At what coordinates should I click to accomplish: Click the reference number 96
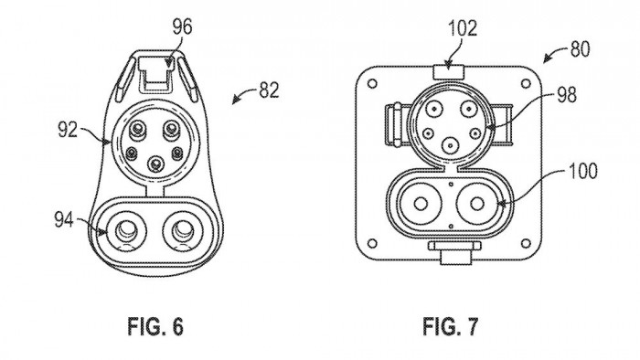(182, 27)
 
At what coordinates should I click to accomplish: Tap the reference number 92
(68, 130)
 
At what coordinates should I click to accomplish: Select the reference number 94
(64, 220)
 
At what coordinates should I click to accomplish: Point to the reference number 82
(269, 90)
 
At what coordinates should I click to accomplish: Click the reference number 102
(463, 28)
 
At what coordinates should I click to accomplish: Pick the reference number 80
(580, 49)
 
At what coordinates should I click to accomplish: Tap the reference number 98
(567, 95)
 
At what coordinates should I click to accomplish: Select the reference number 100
(583, 171)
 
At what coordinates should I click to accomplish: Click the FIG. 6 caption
(155, 326)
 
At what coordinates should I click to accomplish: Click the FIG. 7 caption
(450, 326)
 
